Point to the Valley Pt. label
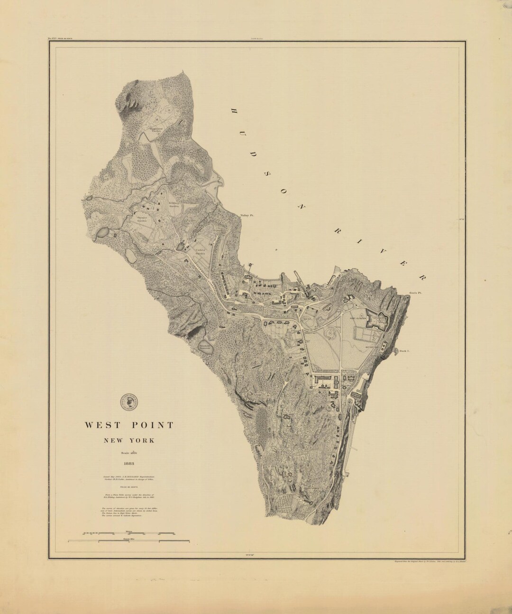click(247, 215)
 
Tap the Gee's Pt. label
click(415, 294)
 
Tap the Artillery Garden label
click(176, 205)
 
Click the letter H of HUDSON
click(234, 110)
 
